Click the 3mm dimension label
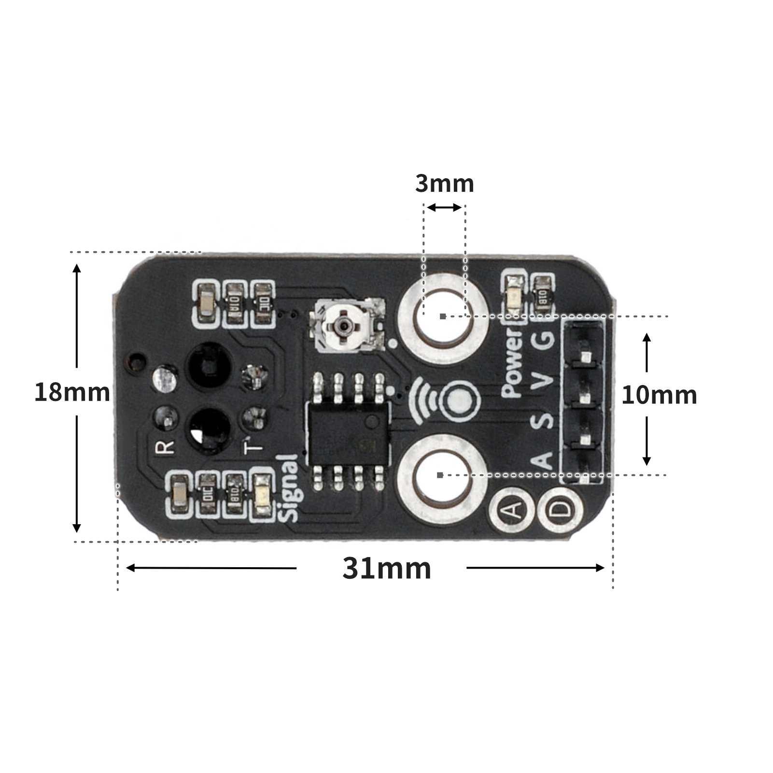[445, 184]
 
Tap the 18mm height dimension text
[72, 392]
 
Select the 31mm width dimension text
[386, 569]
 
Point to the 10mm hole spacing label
[659, 395]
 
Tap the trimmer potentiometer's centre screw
[343, 326]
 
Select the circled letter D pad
[560, 510]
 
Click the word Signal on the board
[289, 488]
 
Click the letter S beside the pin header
[543, 419]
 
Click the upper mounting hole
[443, 316]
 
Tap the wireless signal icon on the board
[444, 400]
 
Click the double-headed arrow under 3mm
[444, 208]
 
